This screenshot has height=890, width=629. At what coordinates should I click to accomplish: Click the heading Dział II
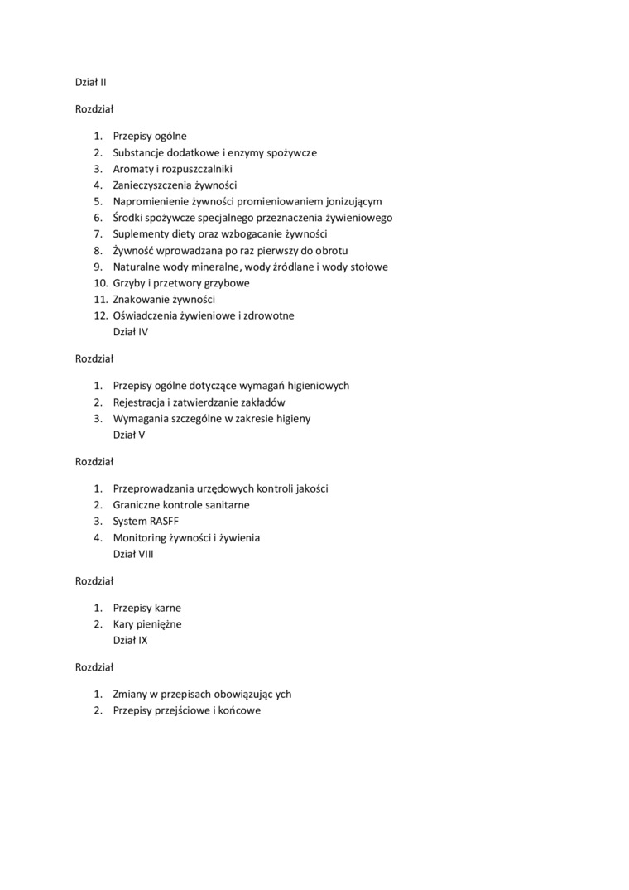point(91,82)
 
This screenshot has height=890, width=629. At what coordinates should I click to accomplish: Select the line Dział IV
point(131,332)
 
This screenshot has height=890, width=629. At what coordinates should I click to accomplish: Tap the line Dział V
point(129,435)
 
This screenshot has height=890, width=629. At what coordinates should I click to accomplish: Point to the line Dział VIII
point(133,554)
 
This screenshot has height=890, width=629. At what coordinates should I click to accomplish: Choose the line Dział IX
point(131,640)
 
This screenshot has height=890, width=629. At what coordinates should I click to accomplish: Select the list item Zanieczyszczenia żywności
point(175,185)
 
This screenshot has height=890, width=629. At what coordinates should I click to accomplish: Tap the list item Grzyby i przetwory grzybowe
point(181,283)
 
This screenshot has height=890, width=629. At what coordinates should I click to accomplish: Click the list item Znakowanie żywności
point(164,300)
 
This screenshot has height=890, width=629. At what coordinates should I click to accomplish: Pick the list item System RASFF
point(146,522)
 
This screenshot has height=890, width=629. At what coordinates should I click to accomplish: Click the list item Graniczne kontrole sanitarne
point(181,505)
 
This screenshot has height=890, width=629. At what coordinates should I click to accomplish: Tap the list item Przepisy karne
point(147,608)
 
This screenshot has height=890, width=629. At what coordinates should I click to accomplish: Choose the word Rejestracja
point(139,402)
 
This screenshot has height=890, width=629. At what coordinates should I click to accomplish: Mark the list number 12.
point(100,315)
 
